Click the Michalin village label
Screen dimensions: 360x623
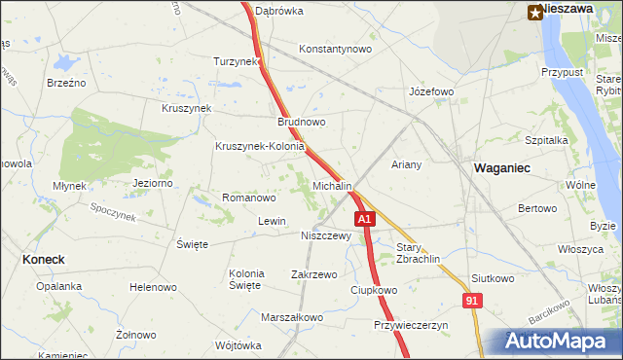pos(332,185)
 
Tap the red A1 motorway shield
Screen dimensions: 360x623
pos(364,220)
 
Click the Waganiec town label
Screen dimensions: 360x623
pos(501,167)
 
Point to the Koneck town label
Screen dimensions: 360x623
pos(43,259)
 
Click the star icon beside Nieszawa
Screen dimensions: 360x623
pos(535,11)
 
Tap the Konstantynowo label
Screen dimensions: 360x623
pos(336,49)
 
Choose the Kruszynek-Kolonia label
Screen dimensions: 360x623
pos(260,147)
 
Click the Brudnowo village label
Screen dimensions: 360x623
pos(302,123)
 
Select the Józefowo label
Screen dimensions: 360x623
pos(431,92)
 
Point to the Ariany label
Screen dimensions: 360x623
pos(406,164)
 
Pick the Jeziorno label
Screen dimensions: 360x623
pos(153,182)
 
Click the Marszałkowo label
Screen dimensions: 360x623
pos(292,317)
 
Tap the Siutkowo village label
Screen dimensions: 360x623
pos(492,278)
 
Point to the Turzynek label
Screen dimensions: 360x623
pos(238,60)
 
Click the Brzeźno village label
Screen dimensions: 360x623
pos(67,83)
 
